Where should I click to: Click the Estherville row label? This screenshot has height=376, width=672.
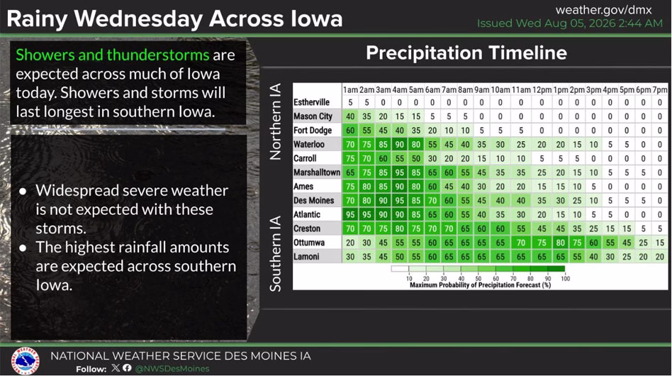(x=312, y=102)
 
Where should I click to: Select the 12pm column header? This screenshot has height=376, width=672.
(x=542, y=89)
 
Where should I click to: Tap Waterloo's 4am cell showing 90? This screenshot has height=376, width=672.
(x=399, y=145)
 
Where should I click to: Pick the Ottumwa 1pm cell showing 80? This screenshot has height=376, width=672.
(x=560, y=243)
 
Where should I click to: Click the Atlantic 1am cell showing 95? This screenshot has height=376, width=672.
(x=350, y=214)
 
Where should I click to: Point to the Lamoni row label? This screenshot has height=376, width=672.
(x=306, y=257)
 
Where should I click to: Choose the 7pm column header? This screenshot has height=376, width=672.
(x=660, y=89)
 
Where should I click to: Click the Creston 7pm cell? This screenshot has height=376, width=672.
(x=660, y=228)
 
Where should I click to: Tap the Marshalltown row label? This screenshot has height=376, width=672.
(x=317, y=172)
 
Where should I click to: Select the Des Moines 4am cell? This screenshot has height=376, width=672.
(x=399, y=201)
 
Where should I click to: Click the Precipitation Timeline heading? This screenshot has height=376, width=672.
(x=466, y=53)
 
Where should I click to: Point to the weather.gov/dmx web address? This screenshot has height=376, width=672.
(x=603, y=10)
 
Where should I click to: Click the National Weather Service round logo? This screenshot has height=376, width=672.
(x=26, y=361)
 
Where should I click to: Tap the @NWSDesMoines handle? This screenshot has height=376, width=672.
(x=172, y=369)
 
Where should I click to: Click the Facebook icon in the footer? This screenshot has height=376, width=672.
(x=127, y=368)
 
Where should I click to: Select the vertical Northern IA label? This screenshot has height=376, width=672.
(x=276, y=121)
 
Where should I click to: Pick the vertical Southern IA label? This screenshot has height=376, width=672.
(x=276, y=253)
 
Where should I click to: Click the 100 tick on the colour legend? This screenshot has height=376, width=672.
(x=565, y=279)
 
